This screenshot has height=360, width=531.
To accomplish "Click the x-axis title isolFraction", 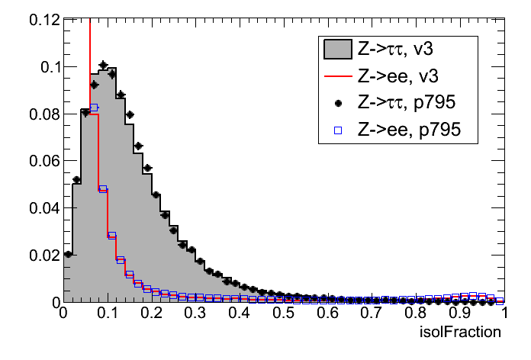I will [461, 333].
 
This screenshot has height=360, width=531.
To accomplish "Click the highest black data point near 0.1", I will [103, 65].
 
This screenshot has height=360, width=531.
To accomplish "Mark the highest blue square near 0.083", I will [94, 108].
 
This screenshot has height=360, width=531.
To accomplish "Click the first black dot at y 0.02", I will [68, 254].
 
